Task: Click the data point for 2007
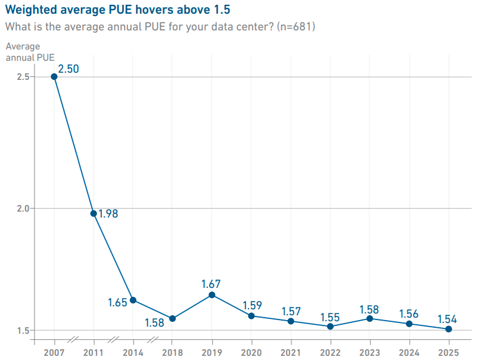(54, 76)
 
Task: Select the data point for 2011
(94, 213)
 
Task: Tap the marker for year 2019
(212, 294)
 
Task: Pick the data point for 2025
(449, 329)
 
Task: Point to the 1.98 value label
(108, 213)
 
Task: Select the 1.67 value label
(212, 283)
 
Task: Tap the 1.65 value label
(117, 302)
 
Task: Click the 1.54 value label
(448, 318)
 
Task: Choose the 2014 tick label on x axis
(133, 352)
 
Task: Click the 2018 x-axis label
(172, 352)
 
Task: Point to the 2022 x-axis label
(330, 352)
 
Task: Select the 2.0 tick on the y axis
(21, 209)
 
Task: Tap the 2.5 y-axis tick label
(21, 77)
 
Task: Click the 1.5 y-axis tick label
(21, 330)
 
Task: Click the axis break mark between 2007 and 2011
(73, 340)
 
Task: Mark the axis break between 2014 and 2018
(153, 340)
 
